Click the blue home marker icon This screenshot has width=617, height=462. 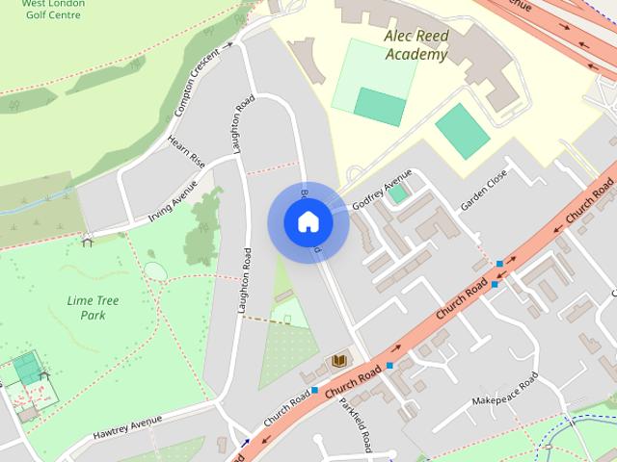(308, 222)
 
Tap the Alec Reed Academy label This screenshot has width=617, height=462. (416, 45)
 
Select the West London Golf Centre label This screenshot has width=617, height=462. (53, 10)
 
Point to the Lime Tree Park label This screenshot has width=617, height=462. (94, 308)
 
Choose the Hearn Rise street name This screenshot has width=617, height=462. (186, 152)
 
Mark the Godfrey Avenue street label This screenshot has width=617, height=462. (382, 192)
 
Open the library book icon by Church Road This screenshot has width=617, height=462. (338, 361)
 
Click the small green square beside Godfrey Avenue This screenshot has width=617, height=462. (397, 194)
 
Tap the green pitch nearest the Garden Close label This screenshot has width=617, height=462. (462, 131)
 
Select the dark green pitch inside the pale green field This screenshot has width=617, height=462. (379, 106)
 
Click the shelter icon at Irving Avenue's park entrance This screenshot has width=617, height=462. (88, 240)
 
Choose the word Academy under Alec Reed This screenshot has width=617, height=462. (416, 55)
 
